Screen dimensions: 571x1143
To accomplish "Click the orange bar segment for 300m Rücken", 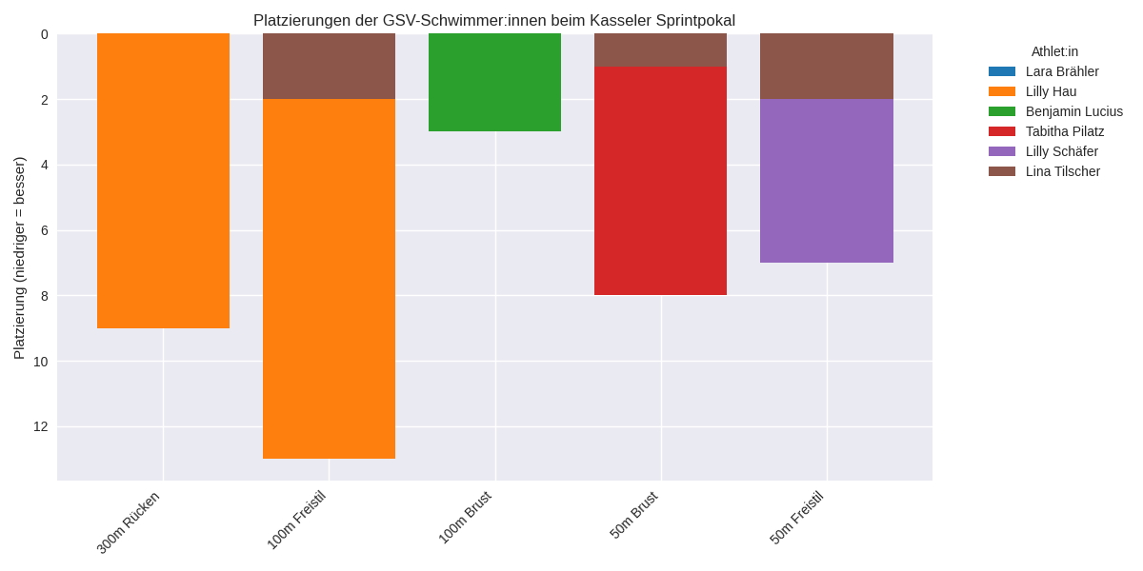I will click(163, 181).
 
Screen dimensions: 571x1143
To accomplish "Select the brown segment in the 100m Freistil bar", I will click(329, 66).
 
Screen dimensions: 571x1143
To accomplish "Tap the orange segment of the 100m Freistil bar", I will click(329, 279).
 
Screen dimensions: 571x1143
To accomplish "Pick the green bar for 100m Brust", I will click(494, 82).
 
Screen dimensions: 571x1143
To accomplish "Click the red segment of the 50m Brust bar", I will click(660, 180).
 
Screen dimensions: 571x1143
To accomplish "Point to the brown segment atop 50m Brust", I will click(660, 49).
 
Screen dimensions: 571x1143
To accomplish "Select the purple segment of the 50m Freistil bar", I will click(826, 181).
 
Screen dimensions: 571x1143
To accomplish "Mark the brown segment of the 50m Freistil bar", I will click(826, 66).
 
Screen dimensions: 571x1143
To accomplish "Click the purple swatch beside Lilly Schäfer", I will click(1002, 151).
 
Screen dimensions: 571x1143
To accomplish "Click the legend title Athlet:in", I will click(1054, 51).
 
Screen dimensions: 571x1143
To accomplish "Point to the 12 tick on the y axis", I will click(40, 426).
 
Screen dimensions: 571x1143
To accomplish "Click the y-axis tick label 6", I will click(44, 230).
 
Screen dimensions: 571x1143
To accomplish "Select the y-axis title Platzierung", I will click(19, 258).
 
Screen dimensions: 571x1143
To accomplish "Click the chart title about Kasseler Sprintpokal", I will click(494, 20).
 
